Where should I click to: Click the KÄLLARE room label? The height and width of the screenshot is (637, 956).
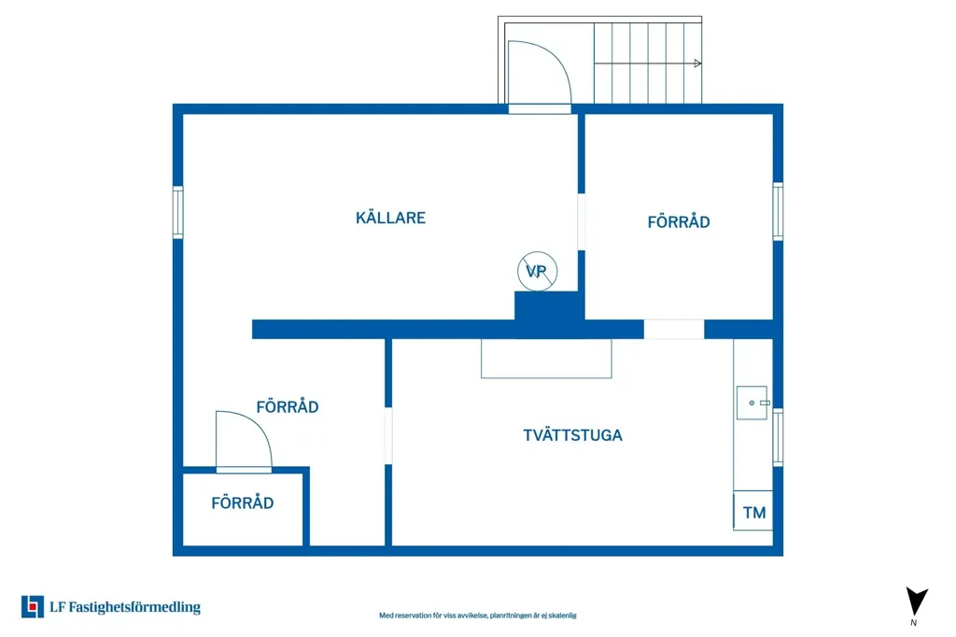390,218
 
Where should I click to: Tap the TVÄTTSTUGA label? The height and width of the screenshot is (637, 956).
572,435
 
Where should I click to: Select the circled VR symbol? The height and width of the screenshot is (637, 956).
537,271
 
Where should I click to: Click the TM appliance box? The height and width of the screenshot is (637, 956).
753,511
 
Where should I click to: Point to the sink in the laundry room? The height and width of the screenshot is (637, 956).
752,403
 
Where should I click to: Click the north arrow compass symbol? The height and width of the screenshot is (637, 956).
916,602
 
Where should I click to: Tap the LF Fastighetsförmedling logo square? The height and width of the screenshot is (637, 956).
33,606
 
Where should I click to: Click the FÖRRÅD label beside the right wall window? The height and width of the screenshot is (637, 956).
679,221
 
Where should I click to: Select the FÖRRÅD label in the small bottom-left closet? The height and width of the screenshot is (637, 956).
242,503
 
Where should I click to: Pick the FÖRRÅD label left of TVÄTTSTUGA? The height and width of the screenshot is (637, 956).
288,406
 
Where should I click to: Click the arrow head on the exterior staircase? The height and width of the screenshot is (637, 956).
697,64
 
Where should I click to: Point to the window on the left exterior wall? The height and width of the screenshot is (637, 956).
178,212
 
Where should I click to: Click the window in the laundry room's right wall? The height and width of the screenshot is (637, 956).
778,437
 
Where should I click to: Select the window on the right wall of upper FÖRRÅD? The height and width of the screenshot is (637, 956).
778,211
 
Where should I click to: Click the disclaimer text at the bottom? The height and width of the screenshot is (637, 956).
477,616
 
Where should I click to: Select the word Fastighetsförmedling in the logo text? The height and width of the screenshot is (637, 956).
134,607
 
